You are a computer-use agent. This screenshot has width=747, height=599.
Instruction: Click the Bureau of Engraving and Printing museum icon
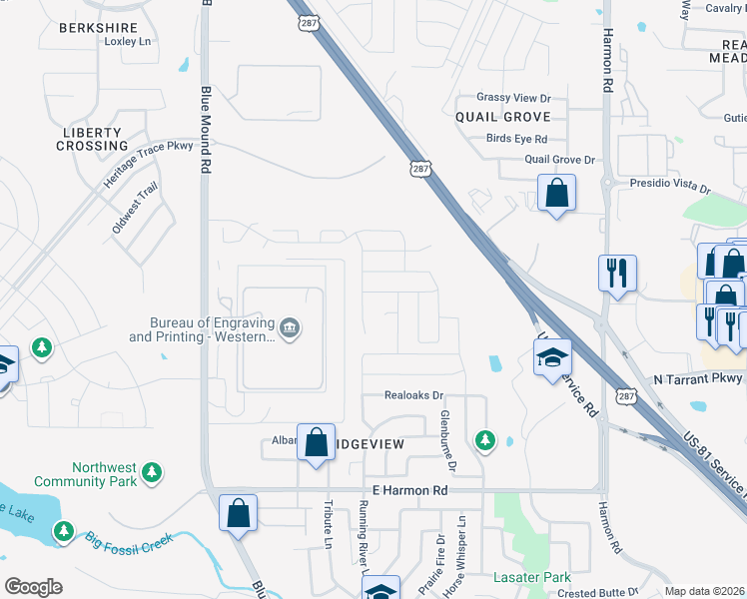click(x=290, y=328)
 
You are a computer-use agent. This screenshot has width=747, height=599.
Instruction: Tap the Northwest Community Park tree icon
click(x=152, y=471)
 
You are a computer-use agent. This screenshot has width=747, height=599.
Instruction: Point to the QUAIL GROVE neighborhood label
click(x=503, y=117)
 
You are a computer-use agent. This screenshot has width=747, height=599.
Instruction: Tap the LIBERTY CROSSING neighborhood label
click(x=92, y=139)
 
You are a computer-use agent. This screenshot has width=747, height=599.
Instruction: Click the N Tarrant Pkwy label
click(x=698, y=378)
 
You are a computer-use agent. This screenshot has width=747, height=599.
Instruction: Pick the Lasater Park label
click(x=532, y=577)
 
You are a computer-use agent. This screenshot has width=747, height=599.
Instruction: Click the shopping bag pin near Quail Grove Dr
click(x=556, y=192)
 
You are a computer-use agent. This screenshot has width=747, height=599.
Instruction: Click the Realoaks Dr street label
click(x=413, y=395)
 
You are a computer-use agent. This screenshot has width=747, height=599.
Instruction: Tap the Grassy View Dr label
click(x=513, y=98)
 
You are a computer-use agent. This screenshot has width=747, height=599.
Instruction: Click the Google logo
click(x=33, y=587)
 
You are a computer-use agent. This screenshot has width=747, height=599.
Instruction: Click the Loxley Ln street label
click(x=127, y=41)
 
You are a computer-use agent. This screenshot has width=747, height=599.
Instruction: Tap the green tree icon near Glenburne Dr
click(x=484, y=439)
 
